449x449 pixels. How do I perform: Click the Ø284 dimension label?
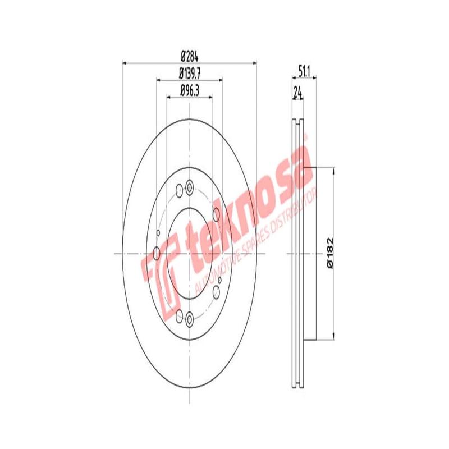(x=190, y=56)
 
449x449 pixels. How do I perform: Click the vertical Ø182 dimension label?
(x=331, y=254)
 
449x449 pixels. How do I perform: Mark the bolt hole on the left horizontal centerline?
(x=157, y=254)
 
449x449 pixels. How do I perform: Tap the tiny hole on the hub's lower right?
(x=220, y=279)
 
